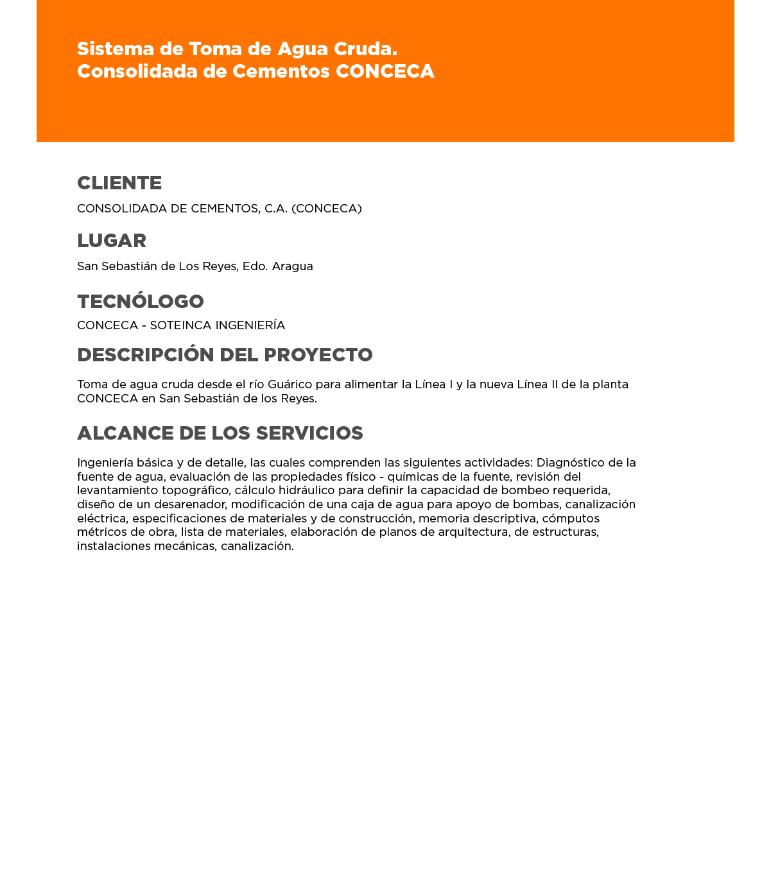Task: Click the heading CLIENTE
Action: [119, 184]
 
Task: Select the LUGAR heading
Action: [112, 241]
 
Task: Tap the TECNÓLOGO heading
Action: [141, 302]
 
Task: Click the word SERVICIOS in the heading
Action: [309, 434]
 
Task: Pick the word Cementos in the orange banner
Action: [281, 72]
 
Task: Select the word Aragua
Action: [292, 266]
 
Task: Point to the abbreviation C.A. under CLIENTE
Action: [276, 209]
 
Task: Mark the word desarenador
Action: [189, 505]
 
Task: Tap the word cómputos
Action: [570, 519]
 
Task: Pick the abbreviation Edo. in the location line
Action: [255, 266]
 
